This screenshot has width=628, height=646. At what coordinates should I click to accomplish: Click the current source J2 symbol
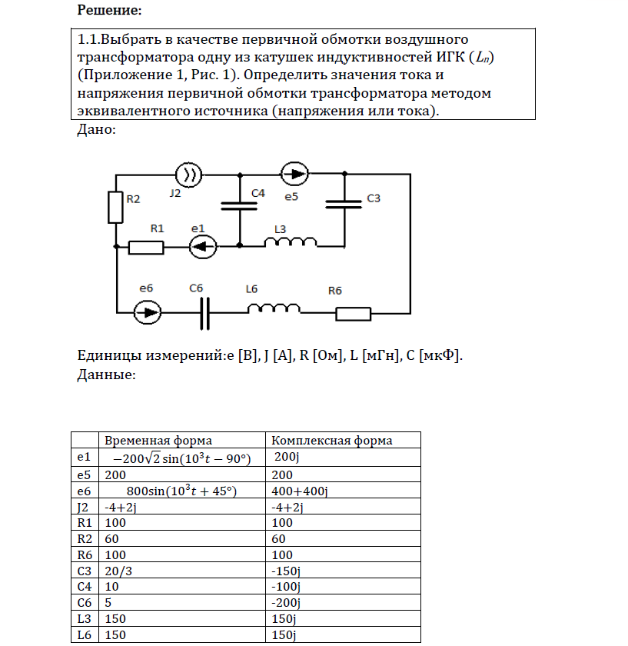[189, 175]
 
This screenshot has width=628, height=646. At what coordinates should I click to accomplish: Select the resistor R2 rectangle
[115, 206]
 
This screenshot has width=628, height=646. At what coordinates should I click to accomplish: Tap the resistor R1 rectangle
[145, 247]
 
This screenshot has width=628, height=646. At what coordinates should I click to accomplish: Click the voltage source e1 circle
[203, 247]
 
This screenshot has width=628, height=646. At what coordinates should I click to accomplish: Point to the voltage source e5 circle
[294, 175]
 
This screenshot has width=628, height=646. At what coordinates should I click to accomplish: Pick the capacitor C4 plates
[240, 205]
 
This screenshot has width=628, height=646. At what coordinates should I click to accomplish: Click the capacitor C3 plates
[344, 205]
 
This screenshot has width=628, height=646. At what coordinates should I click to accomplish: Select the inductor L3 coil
[291, 243]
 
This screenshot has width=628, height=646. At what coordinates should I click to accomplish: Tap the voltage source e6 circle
[147, 312]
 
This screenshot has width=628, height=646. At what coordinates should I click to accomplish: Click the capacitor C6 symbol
[204, 313]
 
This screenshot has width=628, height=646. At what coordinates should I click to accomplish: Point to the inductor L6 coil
[274, 309]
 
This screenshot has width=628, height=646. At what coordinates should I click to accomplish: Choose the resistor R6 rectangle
[354, 313]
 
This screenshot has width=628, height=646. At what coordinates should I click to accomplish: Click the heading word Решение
[109, 11]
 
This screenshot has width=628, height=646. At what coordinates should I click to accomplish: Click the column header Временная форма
[158, 441]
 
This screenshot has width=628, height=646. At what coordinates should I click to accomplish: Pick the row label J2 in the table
[85, 507]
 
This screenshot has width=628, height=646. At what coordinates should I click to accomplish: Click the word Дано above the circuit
[97, 130]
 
